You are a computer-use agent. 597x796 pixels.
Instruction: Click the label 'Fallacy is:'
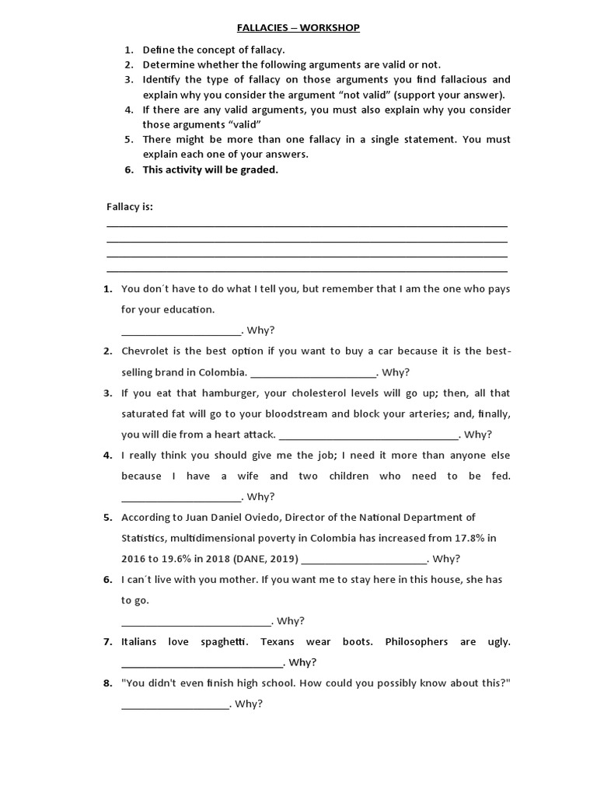pos(130,207)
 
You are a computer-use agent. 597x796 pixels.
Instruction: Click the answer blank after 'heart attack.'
pos(368,435)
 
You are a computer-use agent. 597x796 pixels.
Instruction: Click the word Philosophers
pos(417,642)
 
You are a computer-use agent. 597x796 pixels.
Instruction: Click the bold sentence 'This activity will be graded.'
pos(210,169)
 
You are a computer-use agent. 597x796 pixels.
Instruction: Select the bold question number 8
pos(107,683)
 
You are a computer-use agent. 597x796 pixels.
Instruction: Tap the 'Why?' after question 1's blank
pos(261,330)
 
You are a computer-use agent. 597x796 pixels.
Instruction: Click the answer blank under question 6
pos(196,621)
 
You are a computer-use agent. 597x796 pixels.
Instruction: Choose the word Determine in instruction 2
pos(166,65)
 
